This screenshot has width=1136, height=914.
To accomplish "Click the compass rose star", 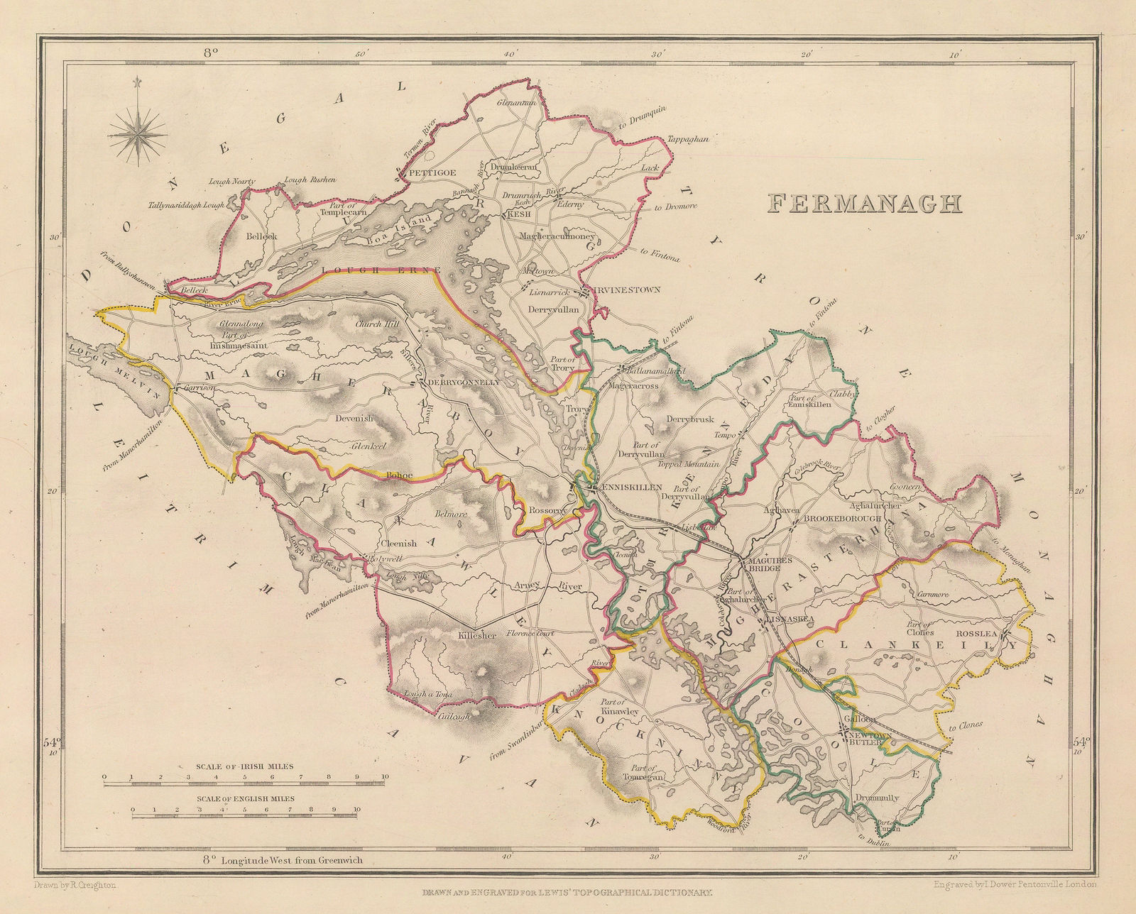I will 138,132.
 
